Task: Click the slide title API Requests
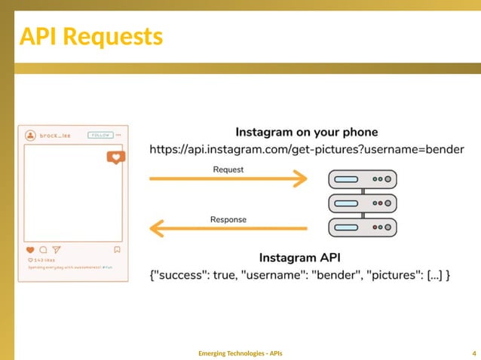pos(90,35)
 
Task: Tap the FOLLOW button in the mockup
pos(100,135)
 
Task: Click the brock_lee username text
pos(55,135)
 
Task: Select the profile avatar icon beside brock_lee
pos(30,136)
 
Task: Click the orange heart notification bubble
pos(115,157)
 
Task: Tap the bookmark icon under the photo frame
pos(117,249)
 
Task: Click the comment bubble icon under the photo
pos(43,249)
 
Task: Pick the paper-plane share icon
pos(56,249)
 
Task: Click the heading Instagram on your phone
pos(307,133)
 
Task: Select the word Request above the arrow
pos(228,169)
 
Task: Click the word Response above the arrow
pos(228,219)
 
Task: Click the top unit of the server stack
pos(363,179)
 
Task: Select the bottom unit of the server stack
pos(363,226)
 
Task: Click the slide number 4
pos(473,352)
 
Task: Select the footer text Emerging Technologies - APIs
pos(240,352)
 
